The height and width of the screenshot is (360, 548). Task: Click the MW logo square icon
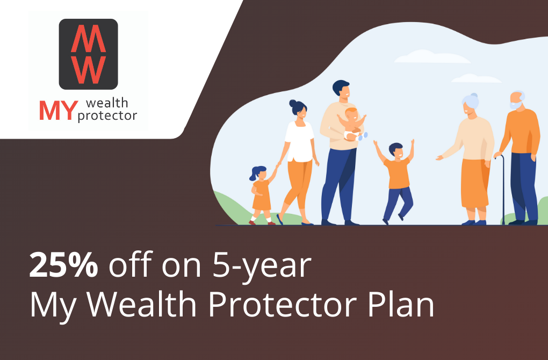tap(89, 54)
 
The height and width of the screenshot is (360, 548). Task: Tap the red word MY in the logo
tap(59, 111)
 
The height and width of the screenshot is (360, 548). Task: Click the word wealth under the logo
tap(107, 103)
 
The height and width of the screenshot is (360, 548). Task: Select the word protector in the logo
tap(107, 116)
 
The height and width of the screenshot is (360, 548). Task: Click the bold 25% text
tap(63, 265)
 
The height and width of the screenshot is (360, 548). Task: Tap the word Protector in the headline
tap(283, 304)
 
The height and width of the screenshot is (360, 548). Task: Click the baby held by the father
tap(353, 125)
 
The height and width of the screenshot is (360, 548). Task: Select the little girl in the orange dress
tap(262, 195)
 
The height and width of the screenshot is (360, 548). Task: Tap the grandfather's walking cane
tap(503, 189)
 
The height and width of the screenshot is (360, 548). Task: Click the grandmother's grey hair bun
tap(473, 96)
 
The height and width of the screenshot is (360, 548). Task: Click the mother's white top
tap(299, 141)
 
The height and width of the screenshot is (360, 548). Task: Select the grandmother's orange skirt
tap(474, 183)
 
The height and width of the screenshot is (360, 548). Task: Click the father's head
tap(341, 89)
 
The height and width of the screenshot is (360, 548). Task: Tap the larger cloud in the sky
tap(432, 56)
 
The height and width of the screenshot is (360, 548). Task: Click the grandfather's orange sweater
tap(521, 132)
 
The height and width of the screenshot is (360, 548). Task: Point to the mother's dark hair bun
tap(292, 104)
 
